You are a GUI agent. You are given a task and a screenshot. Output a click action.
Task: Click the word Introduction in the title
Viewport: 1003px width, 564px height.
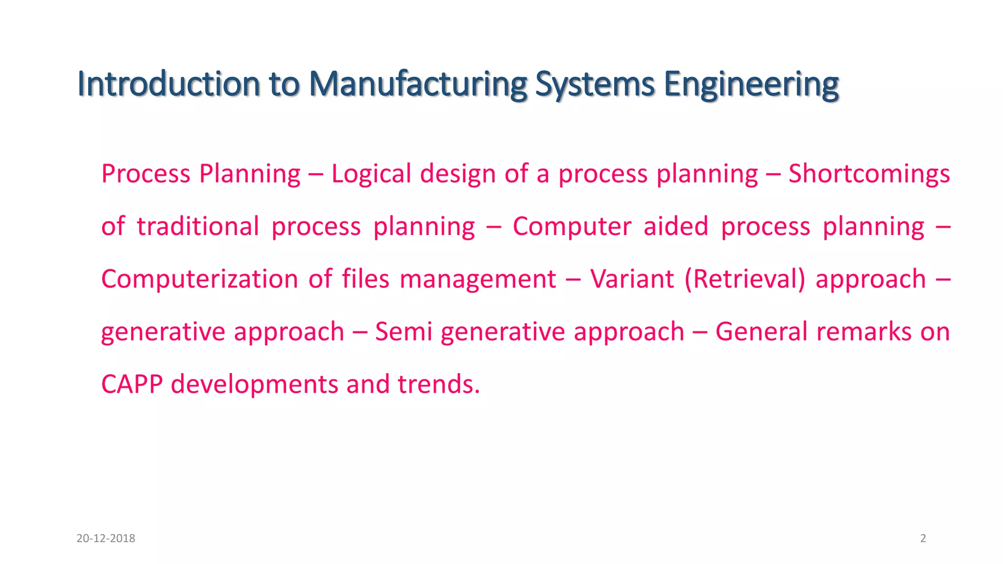tap(168, 84)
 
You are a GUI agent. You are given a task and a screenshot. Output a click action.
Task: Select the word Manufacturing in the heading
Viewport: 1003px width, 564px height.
tap(418, 84)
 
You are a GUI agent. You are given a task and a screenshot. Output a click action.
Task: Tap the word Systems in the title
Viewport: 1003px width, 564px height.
tap(595, 84)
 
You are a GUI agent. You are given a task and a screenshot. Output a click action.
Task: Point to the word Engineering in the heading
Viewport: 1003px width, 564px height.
tap(751, 84)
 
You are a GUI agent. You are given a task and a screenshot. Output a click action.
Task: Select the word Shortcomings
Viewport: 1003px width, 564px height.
tap(869, 174)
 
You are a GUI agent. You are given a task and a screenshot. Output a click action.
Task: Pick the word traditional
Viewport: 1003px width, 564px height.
tap(198, 226)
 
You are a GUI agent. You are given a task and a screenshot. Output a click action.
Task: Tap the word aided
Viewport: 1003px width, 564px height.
tap(676, 226)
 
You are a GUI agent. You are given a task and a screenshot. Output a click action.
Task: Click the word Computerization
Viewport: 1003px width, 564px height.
tap(199, 279)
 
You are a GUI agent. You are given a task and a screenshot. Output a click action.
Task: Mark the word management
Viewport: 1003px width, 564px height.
tap(478, 279)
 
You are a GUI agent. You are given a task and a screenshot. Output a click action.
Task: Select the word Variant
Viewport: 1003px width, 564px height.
tap(632, 279)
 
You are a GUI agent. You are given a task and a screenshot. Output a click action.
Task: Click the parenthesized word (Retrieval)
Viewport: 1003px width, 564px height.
tap(744, 279)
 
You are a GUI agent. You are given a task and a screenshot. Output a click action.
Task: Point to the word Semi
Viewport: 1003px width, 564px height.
tap(404, 331)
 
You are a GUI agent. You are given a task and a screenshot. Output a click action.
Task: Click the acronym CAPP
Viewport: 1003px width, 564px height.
tap(132, 384)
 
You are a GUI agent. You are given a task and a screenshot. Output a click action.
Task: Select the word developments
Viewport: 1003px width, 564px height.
tap(254, 384)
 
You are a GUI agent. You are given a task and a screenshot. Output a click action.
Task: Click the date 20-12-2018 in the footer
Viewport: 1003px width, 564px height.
tap(106, 539)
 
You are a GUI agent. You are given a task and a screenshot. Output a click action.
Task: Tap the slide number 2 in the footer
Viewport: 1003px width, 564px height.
tap(923, 539)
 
